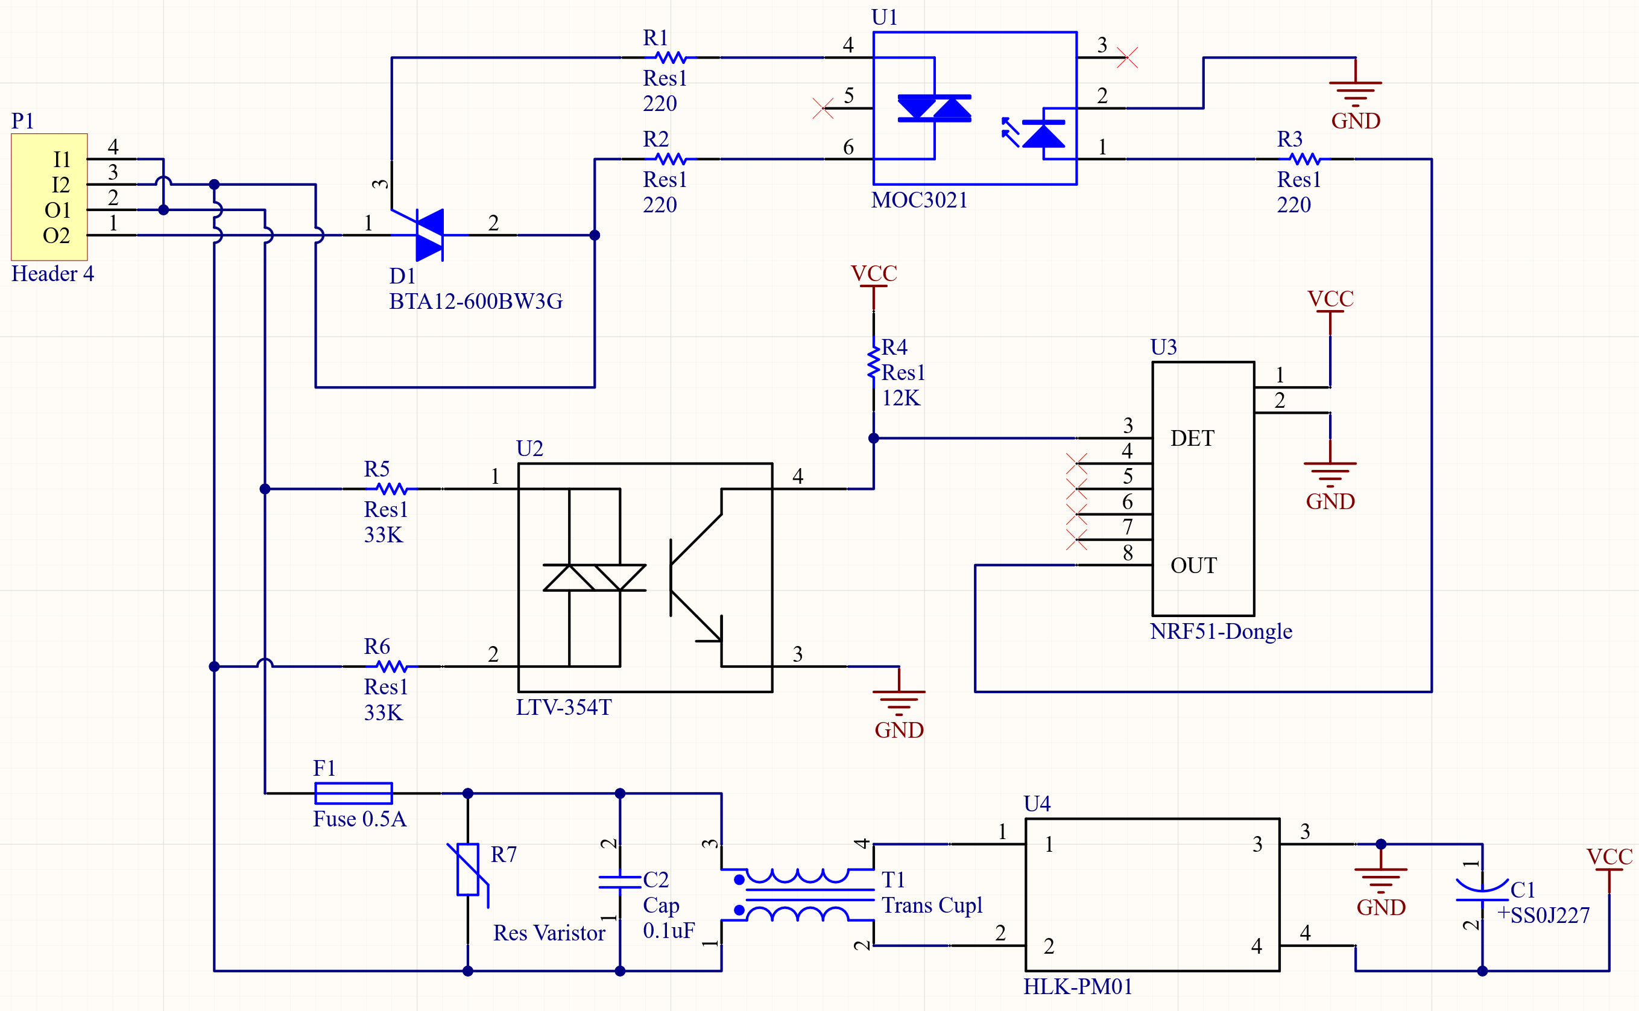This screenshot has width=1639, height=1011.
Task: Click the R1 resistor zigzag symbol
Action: click(x=671, y=57)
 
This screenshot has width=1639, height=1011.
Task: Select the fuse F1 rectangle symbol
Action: click(x=353, y=793)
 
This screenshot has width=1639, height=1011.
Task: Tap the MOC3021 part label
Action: click(x=919, y=200)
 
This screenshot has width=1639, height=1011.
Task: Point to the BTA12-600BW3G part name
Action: click(x=475, y=302)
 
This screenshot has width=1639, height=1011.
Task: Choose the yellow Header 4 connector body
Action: click(x=49, y=197)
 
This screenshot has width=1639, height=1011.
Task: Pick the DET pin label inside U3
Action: click(x=1193, y=439)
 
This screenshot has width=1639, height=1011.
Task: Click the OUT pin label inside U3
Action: click(x=1194, y=566)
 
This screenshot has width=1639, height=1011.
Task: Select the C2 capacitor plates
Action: click(x=620, y=883)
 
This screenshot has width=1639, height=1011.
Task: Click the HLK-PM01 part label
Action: click(x=1078, y=987)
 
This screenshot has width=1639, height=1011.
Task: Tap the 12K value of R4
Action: click(x=900, y=399)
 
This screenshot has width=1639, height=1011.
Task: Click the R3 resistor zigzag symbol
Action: click(x=1305, y=159)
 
